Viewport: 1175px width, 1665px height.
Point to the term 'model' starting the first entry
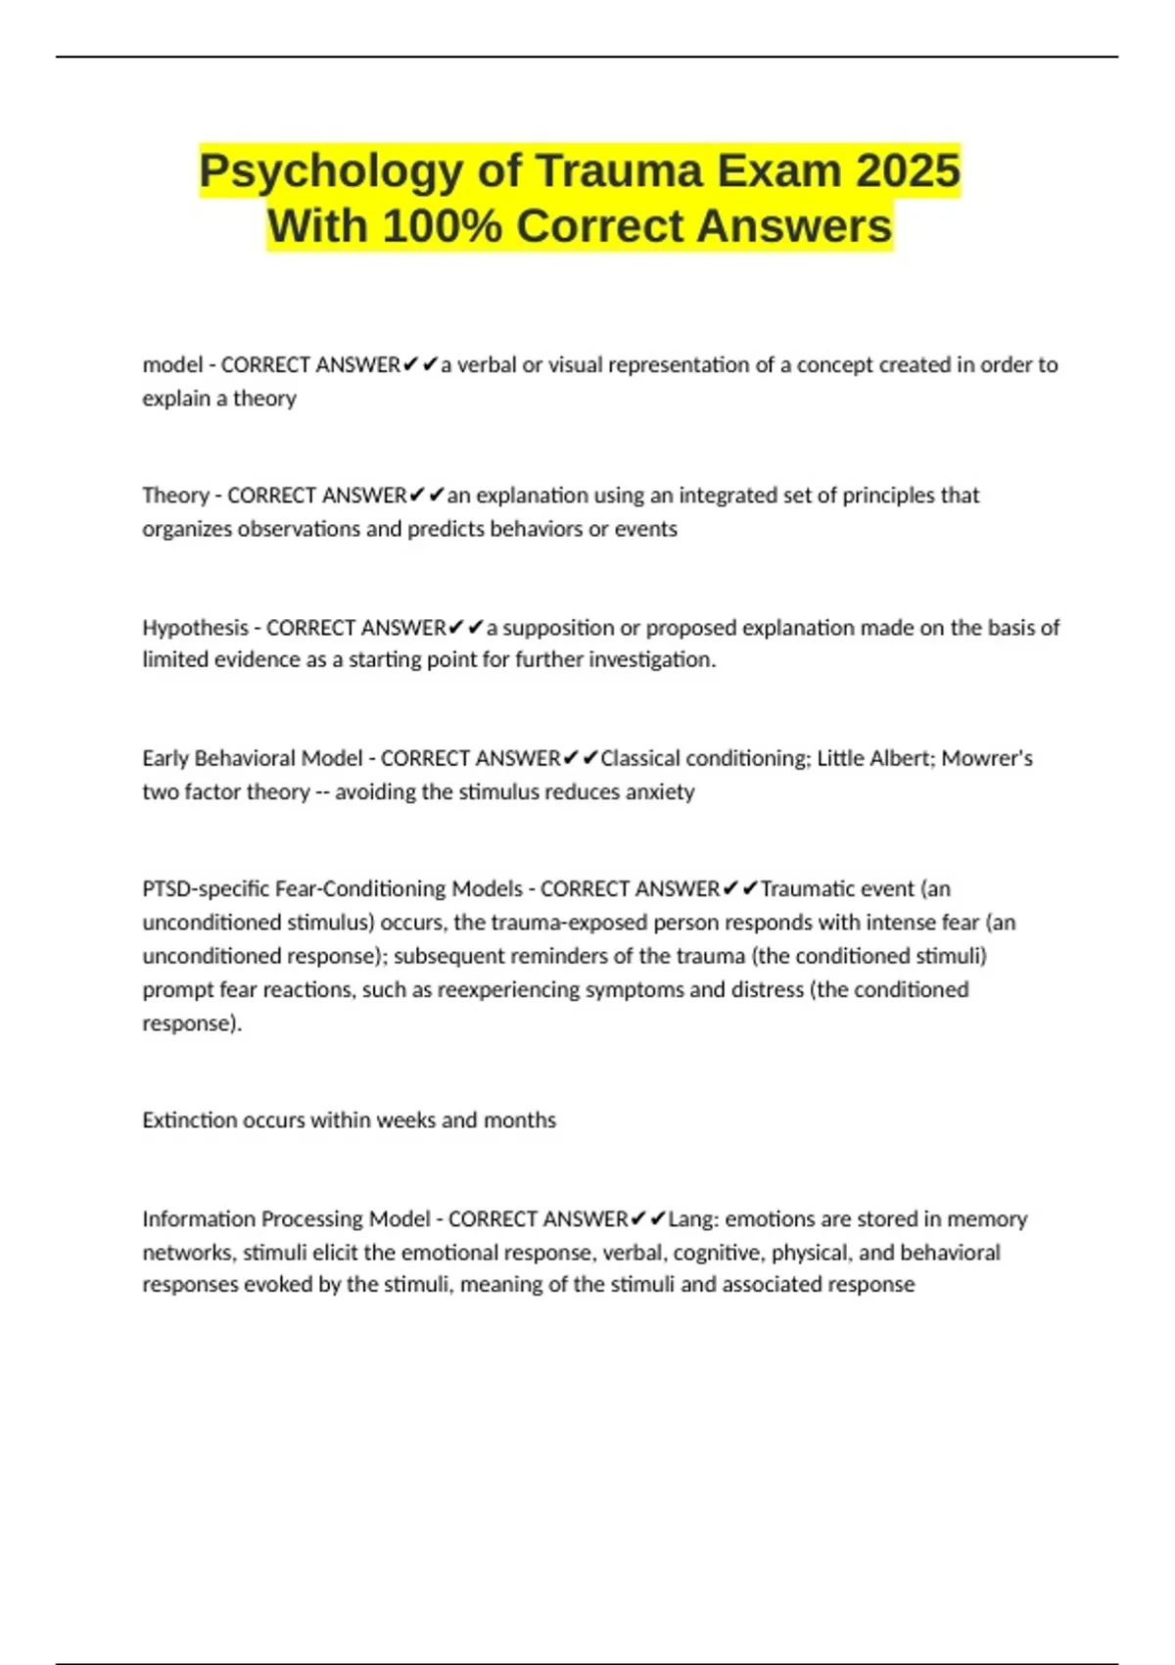172,365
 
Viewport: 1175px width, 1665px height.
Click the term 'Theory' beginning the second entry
175,496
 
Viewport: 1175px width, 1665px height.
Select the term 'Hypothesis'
195,628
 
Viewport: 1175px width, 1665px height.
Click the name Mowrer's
987,759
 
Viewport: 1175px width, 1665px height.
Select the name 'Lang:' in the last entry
693,1219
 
